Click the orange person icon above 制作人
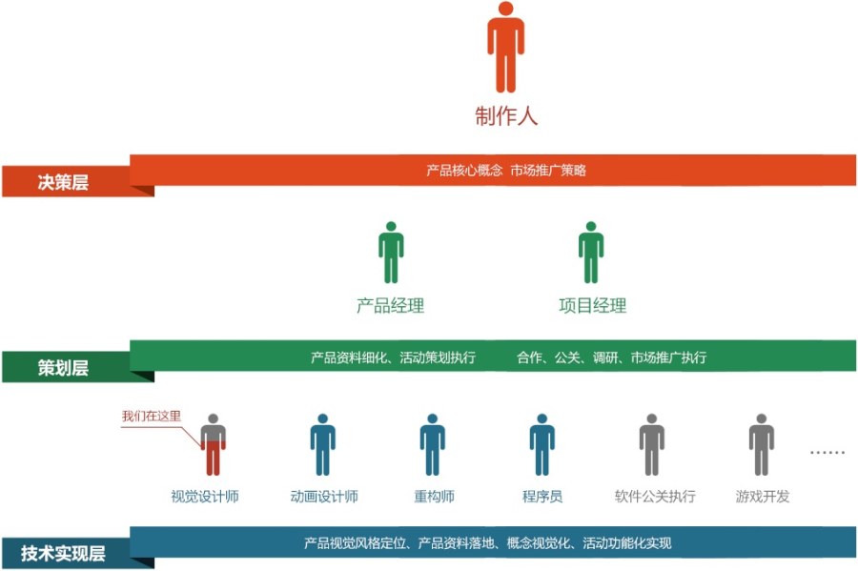coord(505,47)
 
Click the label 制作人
coord(506,116)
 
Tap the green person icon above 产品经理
coord(391,253)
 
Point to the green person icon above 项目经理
coord(591,253)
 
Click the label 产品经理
coord(390,305)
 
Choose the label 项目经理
coord(593,305)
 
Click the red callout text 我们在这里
coord(151,417)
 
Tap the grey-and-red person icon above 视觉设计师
coord(213,444)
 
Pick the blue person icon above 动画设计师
coord(323,444)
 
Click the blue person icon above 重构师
coord(432,444)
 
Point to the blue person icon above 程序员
coord(542,444)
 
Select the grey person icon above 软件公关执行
coord(652,444)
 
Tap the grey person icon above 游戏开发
coord(761,444)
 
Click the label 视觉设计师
coord(205,497)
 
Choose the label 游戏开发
coord(763,497)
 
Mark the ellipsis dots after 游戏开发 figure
coord(827,452)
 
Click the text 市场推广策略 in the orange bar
coord(548,170)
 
